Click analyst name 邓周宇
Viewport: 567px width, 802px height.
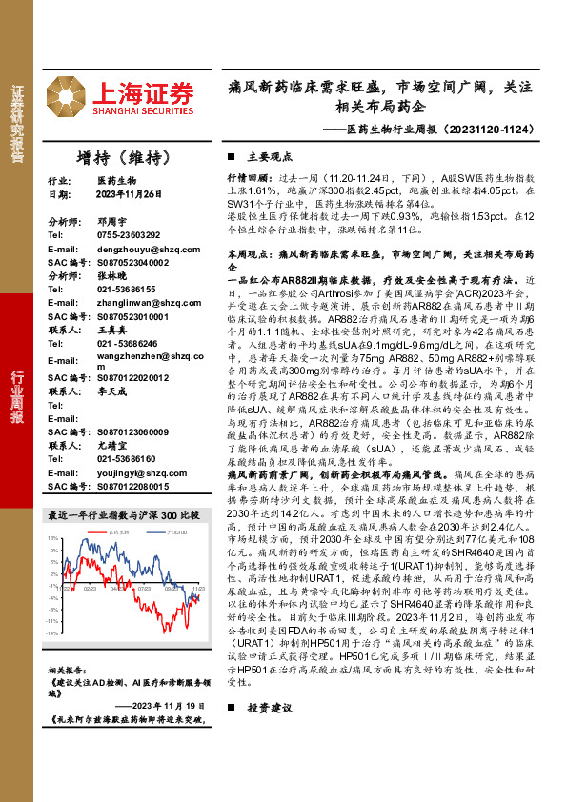pyautogui.click(x=111, y=219)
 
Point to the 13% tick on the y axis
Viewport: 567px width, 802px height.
pyautogui.click(x=53, y=539)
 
